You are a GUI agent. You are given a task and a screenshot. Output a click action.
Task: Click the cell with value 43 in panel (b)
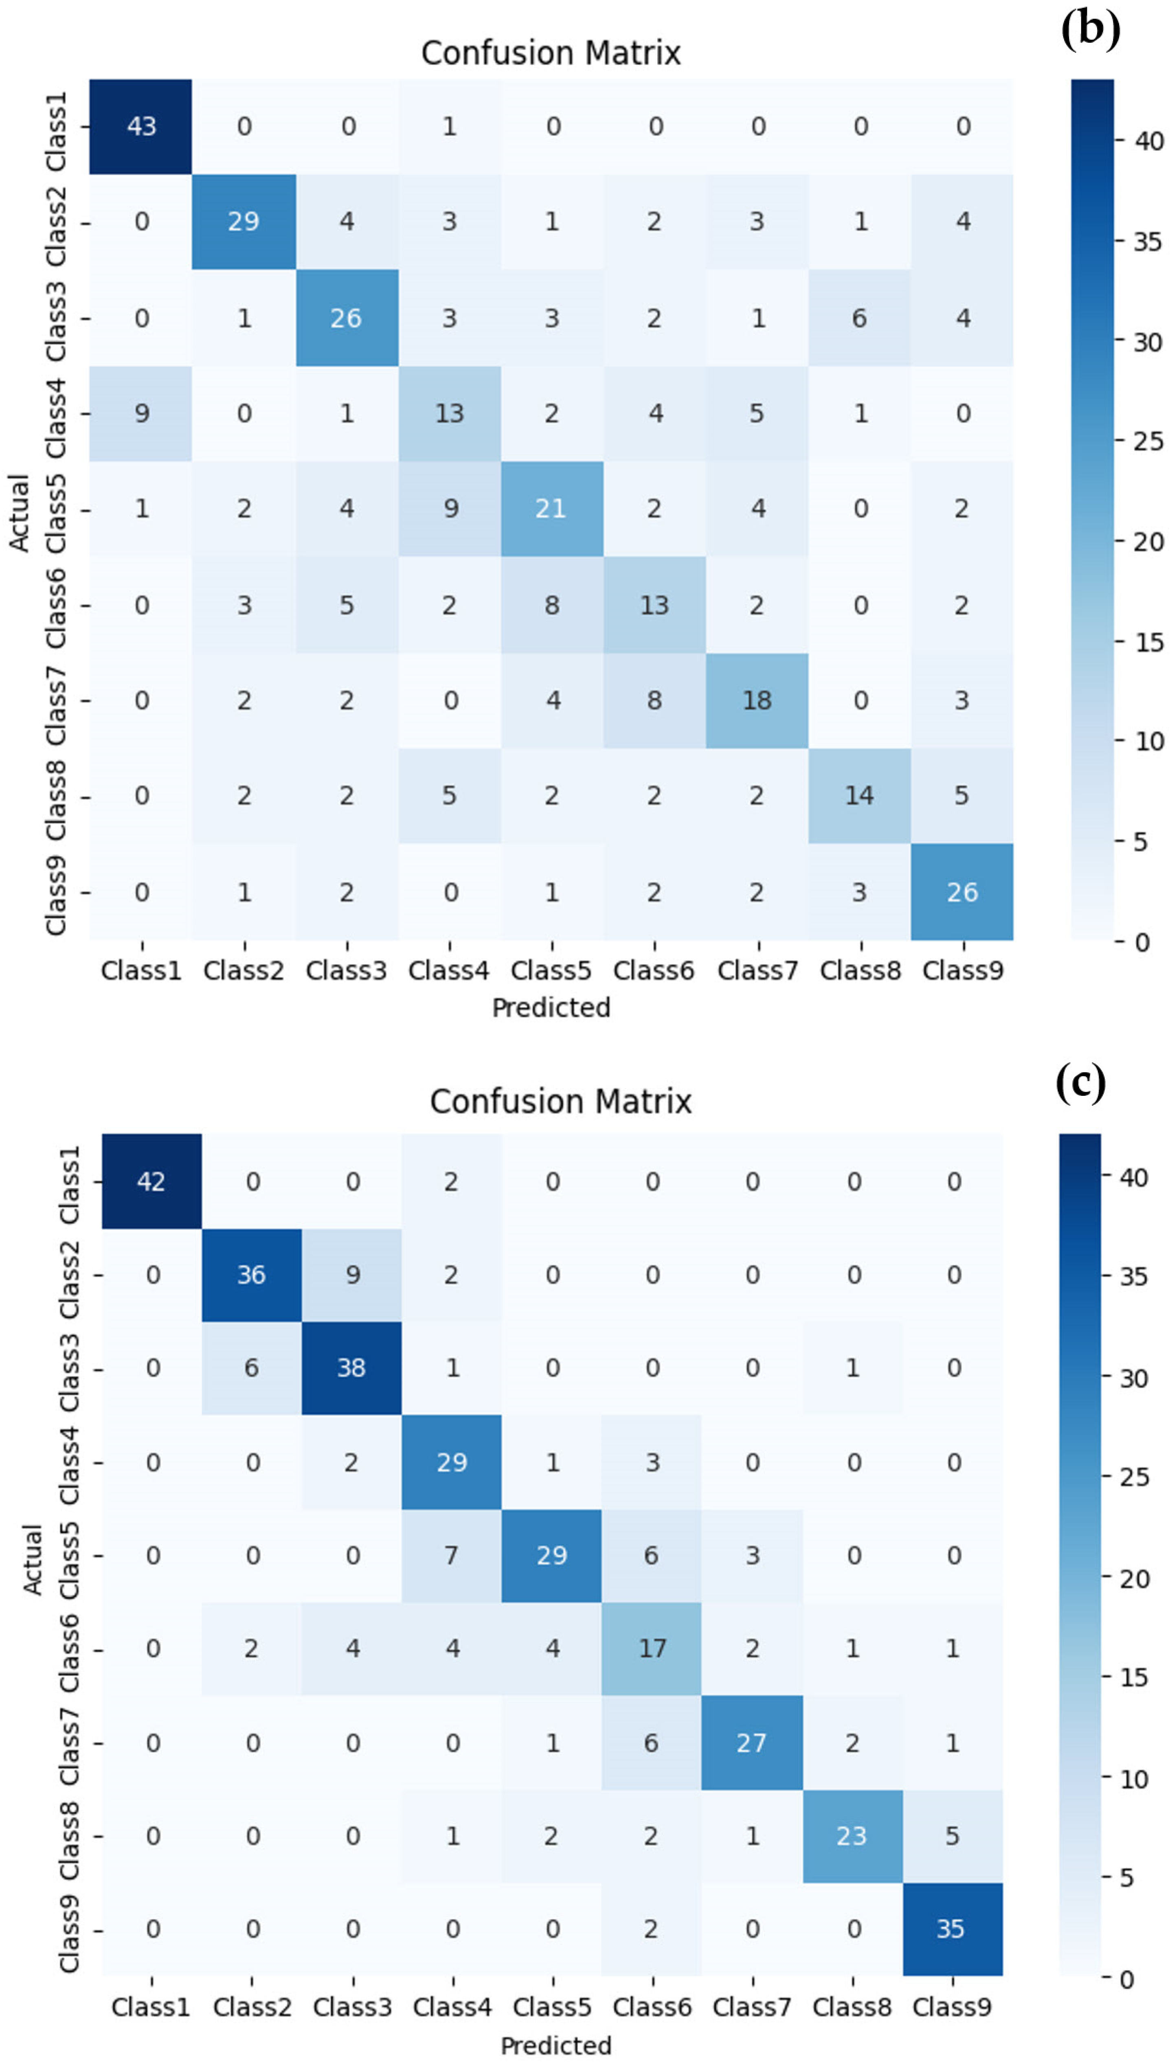click(x=141, y=126)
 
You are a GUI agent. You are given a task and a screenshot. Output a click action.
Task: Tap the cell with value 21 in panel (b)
click(x=551, y=509)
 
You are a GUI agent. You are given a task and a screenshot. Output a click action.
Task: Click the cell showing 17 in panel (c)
click(x=652, y=1648)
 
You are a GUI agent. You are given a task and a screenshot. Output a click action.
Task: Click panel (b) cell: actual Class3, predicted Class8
click(x=859, y=318)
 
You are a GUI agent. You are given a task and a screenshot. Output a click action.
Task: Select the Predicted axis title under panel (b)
click(x=551, y=1007)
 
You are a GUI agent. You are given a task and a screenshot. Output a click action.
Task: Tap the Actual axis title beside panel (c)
click(x=32, y=1559)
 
